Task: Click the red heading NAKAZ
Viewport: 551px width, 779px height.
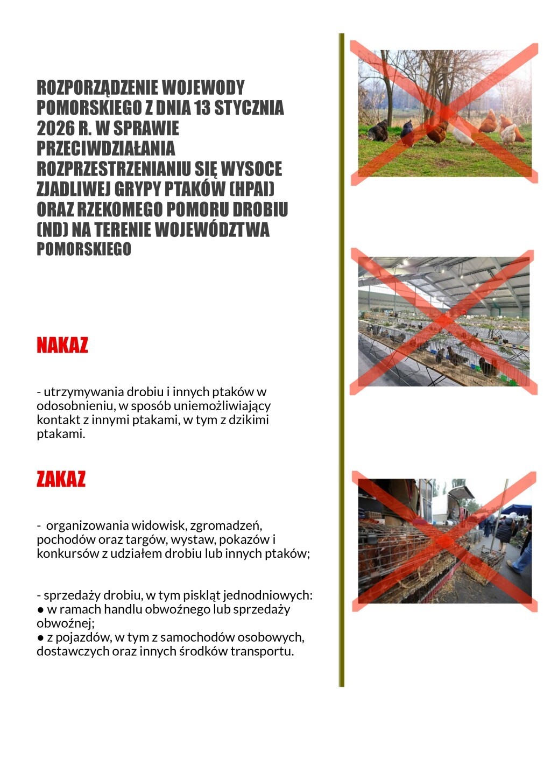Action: (x=62, y=345)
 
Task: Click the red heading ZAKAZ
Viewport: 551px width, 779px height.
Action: (x=61, y=479)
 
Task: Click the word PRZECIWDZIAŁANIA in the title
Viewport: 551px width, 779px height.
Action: (x=106, y=149)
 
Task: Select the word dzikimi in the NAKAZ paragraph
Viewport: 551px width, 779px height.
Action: (x=249, y=420)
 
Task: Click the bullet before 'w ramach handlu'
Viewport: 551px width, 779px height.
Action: (x=40, y=610)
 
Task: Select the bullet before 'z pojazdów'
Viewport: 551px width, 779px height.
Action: (x=40, y=638)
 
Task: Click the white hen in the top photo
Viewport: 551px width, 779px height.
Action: (x=463, y=138)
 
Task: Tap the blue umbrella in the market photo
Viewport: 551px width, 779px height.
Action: (x=517, y=509)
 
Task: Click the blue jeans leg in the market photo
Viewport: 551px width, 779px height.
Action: (x=521, y=563)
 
